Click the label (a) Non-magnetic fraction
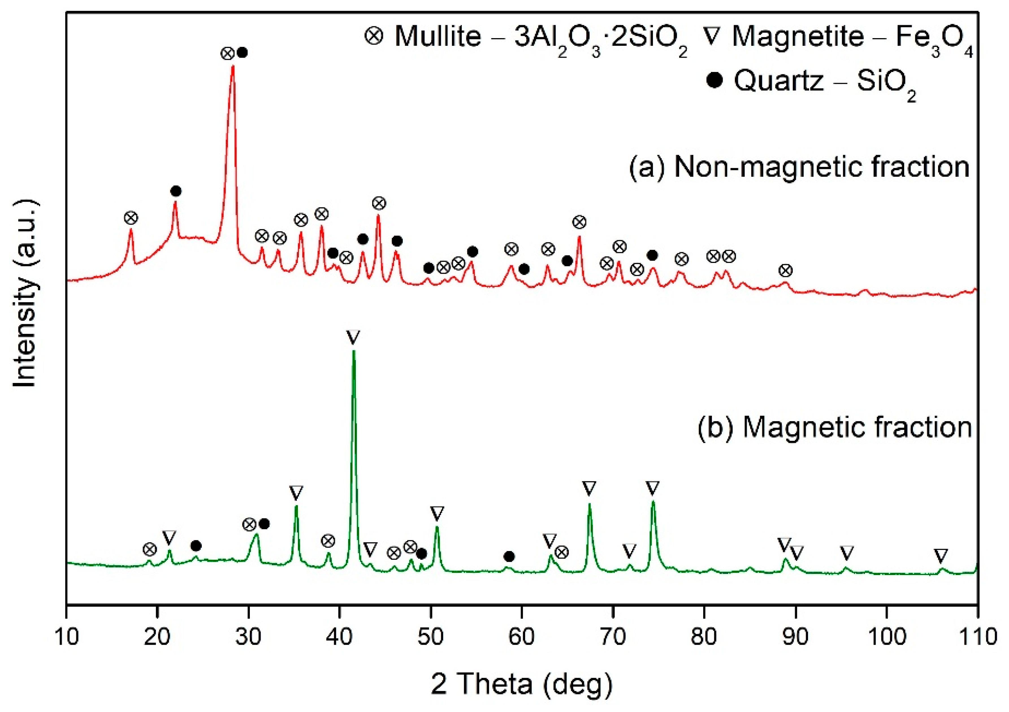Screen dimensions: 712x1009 (799, 167)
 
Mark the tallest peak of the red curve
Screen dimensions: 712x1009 (233, 67)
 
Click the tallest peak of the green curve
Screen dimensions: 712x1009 (354, 351)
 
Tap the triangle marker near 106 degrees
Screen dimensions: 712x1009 (940, 556)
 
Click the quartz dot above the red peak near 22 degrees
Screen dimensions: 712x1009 (176, 191)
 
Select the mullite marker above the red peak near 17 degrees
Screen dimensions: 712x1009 (131, 218)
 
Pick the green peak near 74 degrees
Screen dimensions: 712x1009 (653, 502)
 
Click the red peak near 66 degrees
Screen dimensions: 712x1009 (579, 237)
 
